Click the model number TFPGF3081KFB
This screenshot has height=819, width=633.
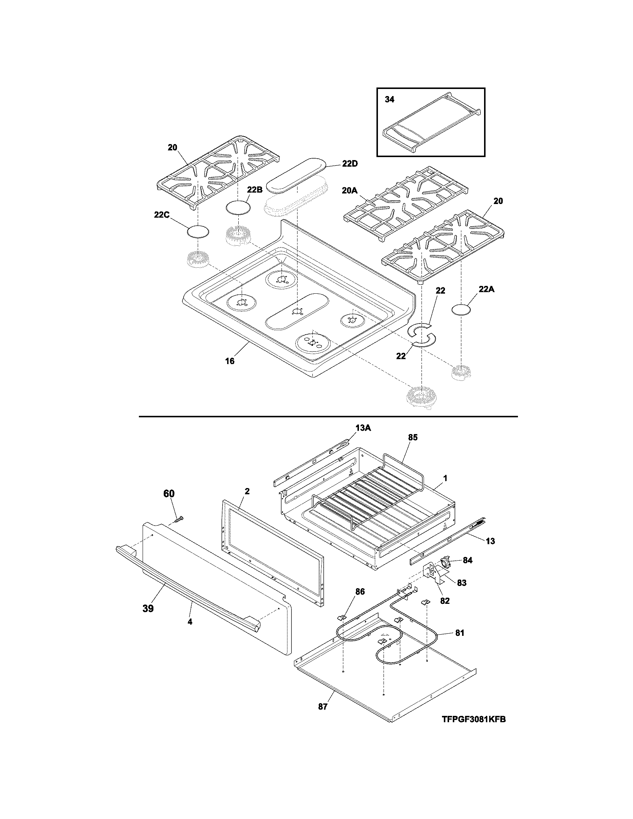tap(474, 719)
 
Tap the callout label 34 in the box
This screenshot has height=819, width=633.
tap(389, 100)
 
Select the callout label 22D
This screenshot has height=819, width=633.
tap(350, 164)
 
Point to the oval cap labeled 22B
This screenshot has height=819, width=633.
tap(238, 208)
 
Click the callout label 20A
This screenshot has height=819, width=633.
tap(350, 191)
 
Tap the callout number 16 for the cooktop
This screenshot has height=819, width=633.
tap(229, 361)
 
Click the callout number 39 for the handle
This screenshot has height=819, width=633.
tap(148, 608)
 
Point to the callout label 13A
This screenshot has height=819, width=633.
tap(363, 428)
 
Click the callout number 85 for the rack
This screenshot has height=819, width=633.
tap(413, 437)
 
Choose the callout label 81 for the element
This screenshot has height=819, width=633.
tap(459, 633)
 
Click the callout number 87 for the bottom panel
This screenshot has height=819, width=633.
tap(322, 707)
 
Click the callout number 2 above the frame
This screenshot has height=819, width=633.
tap(247, 491)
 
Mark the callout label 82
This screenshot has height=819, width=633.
tap(445, 601)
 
